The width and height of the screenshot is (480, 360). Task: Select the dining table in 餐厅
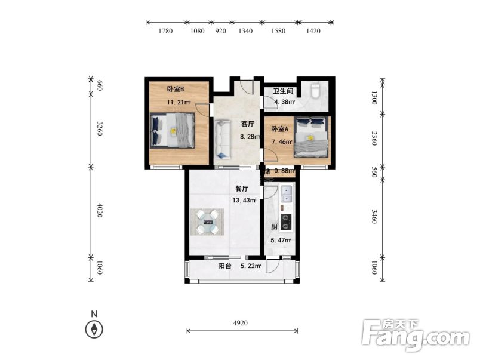(x=207, y=223)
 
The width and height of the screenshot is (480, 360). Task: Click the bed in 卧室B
(x=173, y=130)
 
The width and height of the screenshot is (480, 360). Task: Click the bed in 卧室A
(x=310, y=137)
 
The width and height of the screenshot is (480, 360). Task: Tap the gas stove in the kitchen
(x=286, y=221)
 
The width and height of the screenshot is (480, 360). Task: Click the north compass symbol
(x=94, y=328)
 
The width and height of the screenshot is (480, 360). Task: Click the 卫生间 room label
(x=283, y=91)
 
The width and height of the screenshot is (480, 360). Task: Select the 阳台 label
(x=224, y=266)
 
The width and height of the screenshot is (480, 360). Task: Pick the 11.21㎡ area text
(x=179, y=102)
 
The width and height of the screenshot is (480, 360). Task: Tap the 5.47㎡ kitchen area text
(x=281, y=241)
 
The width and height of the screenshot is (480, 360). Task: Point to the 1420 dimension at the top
(x=313, y=31)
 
